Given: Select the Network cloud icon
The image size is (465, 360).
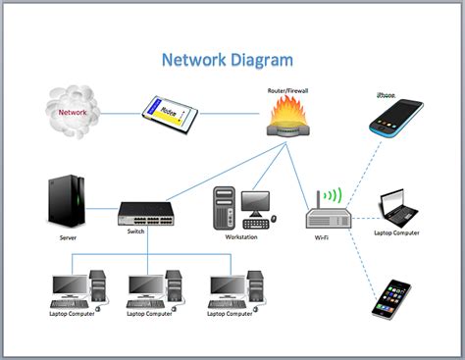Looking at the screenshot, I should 73,110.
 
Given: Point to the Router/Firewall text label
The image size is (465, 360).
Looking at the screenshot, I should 289,89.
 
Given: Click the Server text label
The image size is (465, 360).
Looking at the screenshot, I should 68,237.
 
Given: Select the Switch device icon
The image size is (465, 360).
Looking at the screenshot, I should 147,212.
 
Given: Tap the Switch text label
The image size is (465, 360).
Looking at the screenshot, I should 135,231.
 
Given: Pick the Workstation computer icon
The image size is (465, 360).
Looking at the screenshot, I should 240,207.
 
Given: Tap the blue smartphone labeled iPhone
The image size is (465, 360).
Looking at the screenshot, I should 394,118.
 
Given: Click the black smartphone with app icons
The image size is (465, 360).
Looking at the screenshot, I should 391,298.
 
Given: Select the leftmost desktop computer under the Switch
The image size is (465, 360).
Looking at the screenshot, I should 74,288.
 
